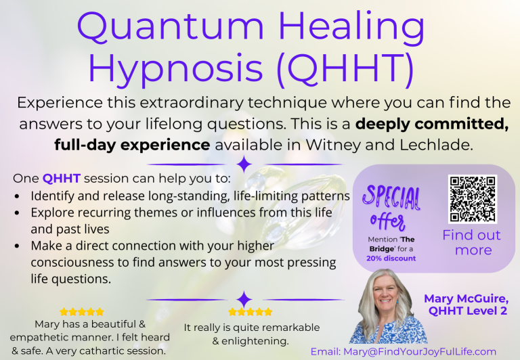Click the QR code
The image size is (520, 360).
[472, 199]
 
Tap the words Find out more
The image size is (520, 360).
[472, 243]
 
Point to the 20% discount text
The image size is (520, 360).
[391, 258]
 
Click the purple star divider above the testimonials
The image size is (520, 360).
[244, 299]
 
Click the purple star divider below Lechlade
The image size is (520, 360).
[244, 164]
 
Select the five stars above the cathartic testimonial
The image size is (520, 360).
[82, 312]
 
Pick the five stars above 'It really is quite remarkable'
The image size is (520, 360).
[250, 312]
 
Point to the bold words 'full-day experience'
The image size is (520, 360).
[132, 145]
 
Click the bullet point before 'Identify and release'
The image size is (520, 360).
[17, 197]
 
